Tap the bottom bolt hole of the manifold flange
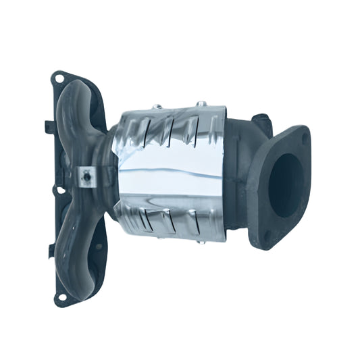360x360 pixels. click(x=61, y=296)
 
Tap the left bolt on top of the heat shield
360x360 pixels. click(x=157, y=106)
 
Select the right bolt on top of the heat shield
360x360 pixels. click(x=201, y=104)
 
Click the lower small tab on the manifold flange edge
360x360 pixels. click(x=51, y=251)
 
